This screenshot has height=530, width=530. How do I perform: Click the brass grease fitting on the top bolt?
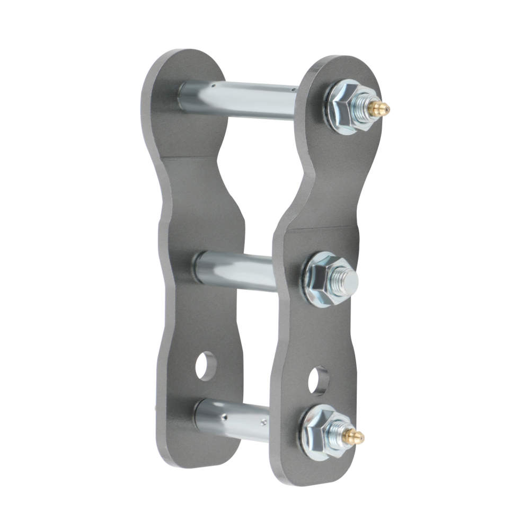coord(379,109)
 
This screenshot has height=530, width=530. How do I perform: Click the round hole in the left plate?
coord(206,366)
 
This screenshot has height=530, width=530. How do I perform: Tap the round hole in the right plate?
coord(318,381)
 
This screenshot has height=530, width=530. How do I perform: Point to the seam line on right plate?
coord(318,229)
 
